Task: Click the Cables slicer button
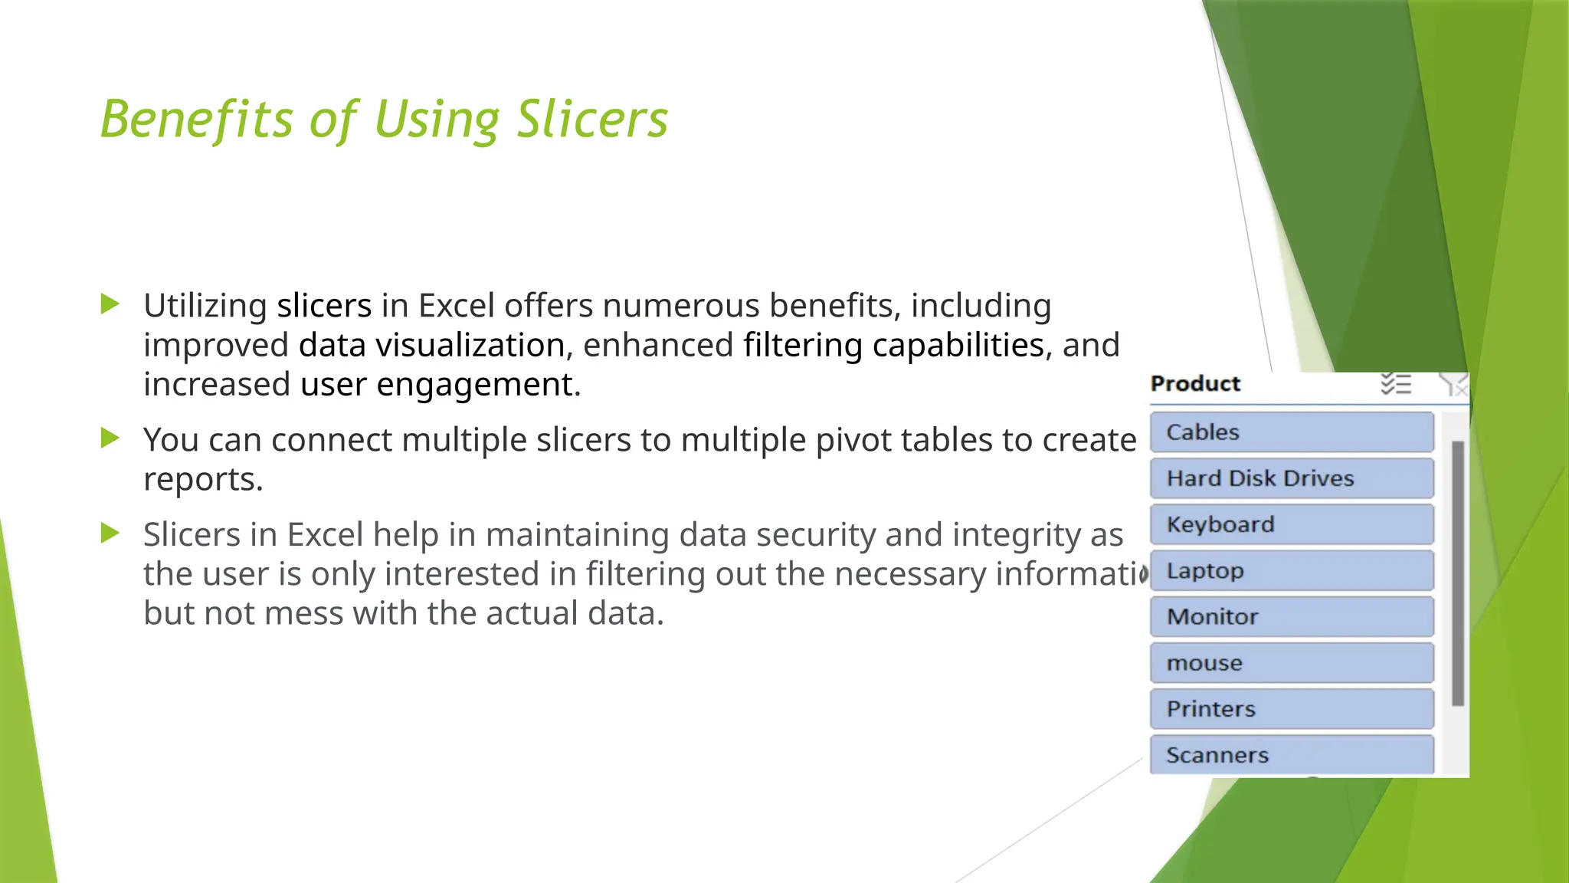[1292, 432]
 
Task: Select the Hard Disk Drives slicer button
[1292, 478]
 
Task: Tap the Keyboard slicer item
[1292, 524]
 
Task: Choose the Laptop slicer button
[1292, 571]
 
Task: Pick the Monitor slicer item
[1292, 617]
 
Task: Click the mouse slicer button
[1292, 663]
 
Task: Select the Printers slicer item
[1292, 709]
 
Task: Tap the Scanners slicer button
[1292, 755]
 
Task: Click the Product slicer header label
[1195, 384]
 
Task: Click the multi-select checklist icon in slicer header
[1395, 384]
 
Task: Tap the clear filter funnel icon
[1453, 384]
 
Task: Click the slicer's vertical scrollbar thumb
[1458, 573]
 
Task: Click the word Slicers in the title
[592, 120]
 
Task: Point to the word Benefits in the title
[197, 120]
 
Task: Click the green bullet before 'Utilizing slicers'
[110, 304]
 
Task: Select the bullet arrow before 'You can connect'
[110, 438]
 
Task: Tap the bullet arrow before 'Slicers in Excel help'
[110, 533]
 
